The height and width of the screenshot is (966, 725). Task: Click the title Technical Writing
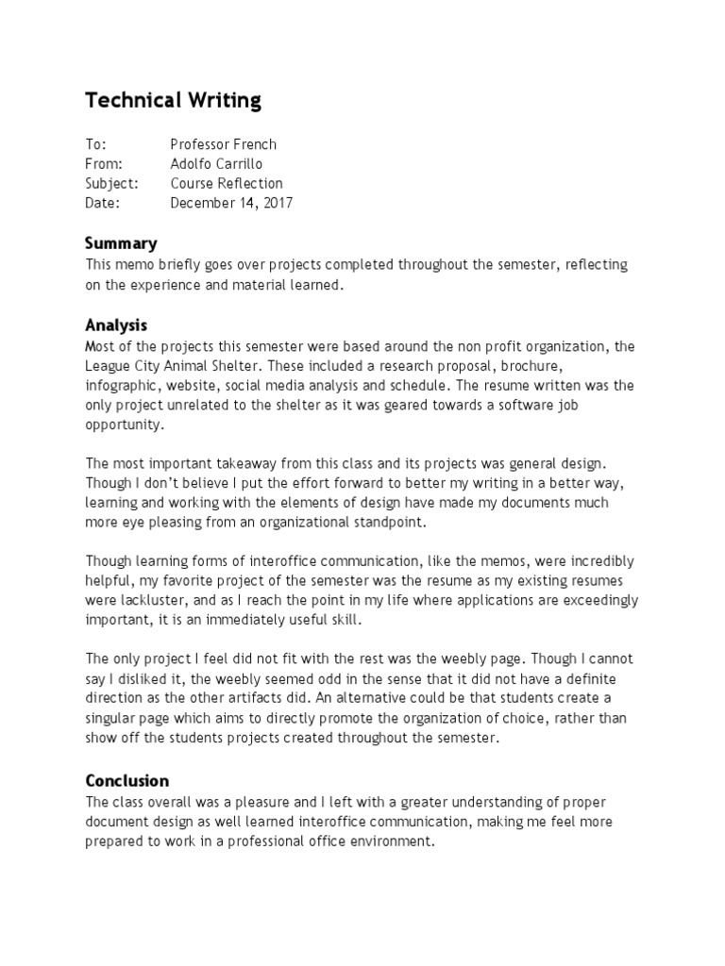click(x=173, y=100)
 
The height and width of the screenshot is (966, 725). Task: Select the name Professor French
click(x=223, y=144)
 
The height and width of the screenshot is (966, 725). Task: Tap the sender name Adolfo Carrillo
click(x=218, y=163)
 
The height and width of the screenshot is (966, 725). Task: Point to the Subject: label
click(x=111, y=183)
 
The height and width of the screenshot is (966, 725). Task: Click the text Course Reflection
click(x=226, y=183)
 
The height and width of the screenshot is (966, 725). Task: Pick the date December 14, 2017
click(x=230, y=203)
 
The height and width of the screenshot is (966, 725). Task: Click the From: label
click(x=104, y=163)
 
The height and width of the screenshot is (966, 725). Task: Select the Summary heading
click(x=121, y=243)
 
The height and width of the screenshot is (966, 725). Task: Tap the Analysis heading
click(x=116, y=325)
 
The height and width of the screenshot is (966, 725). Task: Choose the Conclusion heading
click(x=127, y=780)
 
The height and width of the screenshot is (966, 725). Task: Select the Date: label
click(x=103, y=203)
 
